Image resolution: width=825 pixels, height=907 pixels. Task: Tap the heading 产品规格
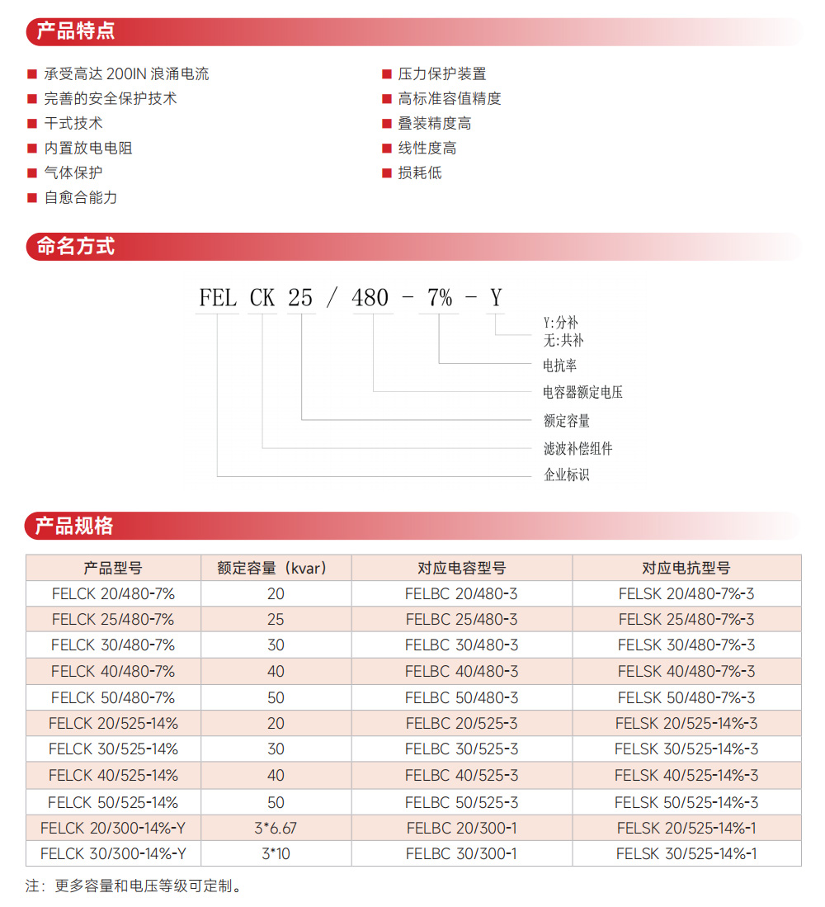click(75, 526)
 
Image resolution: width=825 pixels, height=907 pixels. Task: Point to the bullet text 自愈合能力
click(81, 198)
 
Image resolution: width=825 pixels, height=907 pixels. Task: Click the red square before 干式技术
click(32, 124)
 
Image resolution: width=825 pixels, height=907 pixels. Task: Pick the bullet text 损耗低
click(420, 173)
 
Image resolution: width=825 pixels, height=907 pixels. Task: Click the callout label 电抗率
click(559, 364)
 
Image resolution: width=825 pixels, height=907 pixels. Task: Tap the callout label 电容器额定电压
click(582, 392)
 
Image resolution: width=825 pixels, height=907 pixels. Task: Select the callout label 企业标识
click(567, 475)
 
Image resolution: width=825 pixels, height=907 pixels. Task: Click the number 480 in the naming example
click(370, 297)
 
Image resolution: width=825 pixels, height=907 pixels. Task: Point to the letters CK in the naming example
click(262, 297)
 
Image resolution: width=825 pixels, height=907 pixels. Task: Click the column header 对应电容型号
click(461, 568)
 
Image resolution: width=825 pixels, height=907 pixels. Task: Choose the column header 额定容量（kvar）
click(276, 568)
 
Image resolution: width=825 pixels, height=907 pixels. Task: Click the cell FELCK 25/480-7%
click(113, 620)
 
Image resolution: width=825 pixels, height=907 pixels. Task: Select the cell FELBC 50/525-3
click(461, 802)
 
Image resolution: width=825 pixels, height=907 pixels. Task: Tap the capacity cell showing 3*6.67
click(276, 828)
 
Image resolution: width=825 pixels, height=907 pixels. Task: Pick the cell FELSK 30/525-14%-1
click(686, 854)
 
